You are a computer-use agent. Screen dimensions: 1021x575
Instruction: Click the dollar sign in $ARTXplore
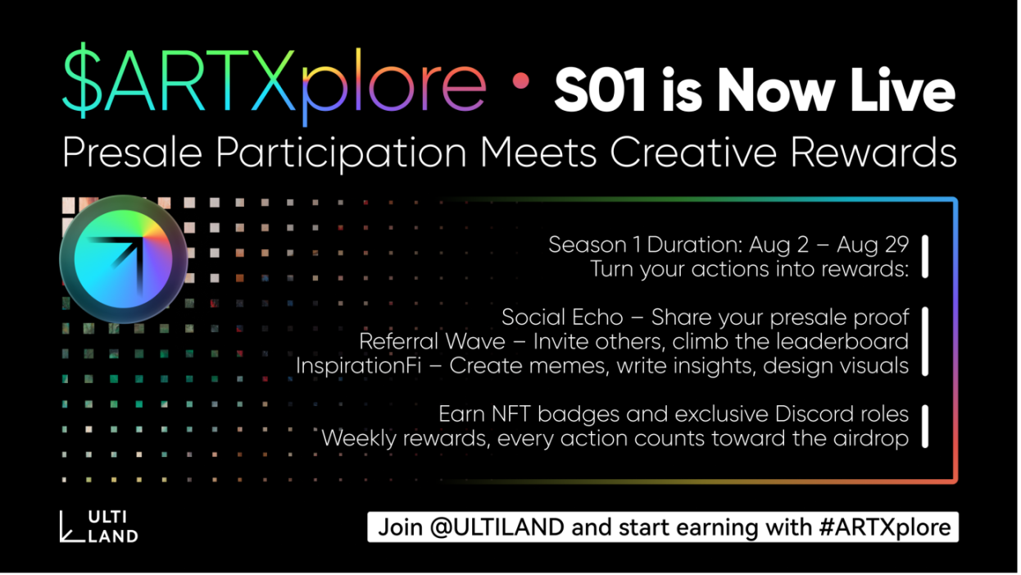[82, 80]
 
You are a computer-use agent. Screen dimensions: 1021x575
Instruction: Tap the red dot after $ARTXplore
[520, 81]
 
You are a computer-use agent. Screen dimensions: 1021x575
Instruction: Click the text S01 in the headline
[600, 90]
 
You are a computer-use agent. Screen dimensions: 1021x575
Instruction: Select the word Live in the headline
[902, 89]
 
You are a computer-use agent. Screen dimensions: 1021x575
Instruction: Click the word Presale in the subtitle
[132, 153]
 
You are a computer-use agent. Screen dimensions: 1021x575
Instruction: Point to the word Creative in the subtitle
[693, 153]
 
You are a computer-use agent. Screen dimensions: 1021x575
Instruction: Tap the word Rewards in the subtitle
[874, 153]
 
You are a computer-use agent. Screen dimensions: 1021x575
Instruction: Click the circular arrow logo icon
[123, 259]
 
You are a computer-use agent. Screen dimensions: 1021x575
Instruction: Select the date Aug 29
[873, 244]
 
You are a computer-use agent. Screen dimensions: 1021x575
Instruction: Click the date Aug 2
[778, 244]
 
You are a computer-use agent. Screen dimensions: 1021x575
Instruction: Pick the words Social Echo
[562, 317]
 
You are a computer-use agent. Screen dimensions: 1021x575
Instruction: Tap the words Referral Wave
[432, 341]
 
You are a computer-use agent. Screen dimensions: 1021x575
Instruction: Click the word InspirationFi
[358, 366]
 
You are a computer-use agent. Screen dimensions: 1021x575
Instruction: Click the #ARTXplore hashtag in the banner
[885, 527]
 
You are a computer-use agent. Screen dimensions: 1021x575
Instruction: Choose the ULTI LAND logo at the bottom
[98, 527]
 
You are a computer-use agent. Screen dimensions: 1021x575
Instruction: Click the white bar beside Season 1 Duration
[925, 257]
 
